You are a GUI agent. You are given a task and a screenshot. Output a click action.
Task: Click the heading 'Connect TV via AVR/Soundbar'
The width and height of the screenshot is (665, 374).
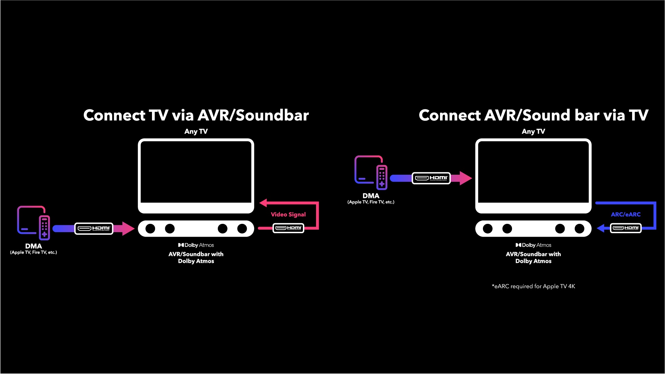point(196,115)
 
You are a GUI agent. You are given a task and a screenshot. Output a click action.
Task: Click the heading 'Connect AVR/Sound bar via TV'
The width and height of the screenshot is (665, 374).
point(533,115)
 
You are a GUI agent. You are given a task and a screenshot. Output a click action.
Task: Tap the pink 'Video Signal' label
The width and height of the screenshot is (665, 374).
point(288,215)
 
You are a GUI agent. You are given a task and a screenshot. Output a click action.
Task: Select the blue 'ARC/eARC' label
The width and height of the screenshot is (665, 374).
point(626,215)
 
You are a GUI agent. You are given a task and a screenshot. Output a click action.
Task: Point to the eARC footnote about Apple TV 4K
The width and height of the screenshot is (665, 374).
point(533,286)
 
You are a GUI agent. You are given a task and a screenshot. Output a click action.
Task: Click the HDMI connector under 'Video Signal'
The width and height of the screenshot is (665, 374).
point(288,228)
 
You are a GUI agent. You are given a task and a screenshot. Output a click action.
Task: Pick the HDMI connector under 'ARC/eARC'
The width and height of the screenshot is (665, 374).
point(626,228)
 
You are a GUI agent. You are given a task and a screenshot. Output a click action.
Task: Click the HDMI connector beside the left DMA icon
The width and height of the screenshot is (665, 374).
point(94,228)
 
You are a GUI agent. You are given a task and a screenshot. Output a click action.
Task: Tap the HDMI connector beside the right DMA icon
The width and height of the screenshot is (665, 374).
point(431,178)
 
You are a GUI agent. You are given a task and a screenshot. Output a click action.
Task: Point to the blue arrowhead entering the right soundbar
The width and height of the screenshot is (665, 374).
point(601,228)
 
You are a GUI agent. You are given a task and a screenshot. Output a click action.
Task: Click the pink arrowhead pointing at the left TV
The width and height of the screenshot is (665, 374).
point(263,203)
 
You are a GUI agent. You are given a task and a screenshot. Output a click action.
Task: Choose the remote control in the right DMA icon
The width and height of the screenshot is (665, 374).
point(381,177)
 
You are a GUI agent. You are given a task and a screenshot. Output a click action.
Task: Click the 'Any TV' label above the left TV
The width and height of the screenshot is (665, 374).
point(196,131)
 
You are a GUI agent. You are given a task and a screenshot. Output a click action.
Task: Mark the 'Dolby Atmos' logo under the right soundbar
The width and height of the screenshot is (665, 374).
point(533,245)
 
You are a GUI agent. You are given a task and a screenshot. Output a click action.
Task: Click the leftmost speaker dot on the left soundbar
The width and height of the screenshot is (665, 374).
point(150,229)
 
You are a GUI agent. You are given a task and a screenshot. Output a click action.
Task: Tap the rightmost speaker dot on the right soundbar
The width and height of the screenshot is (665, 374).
point(579,229)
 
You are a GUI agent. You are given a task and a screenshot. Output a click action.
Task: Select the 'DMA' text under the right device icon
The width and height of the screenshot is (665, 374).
point(371,196)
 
